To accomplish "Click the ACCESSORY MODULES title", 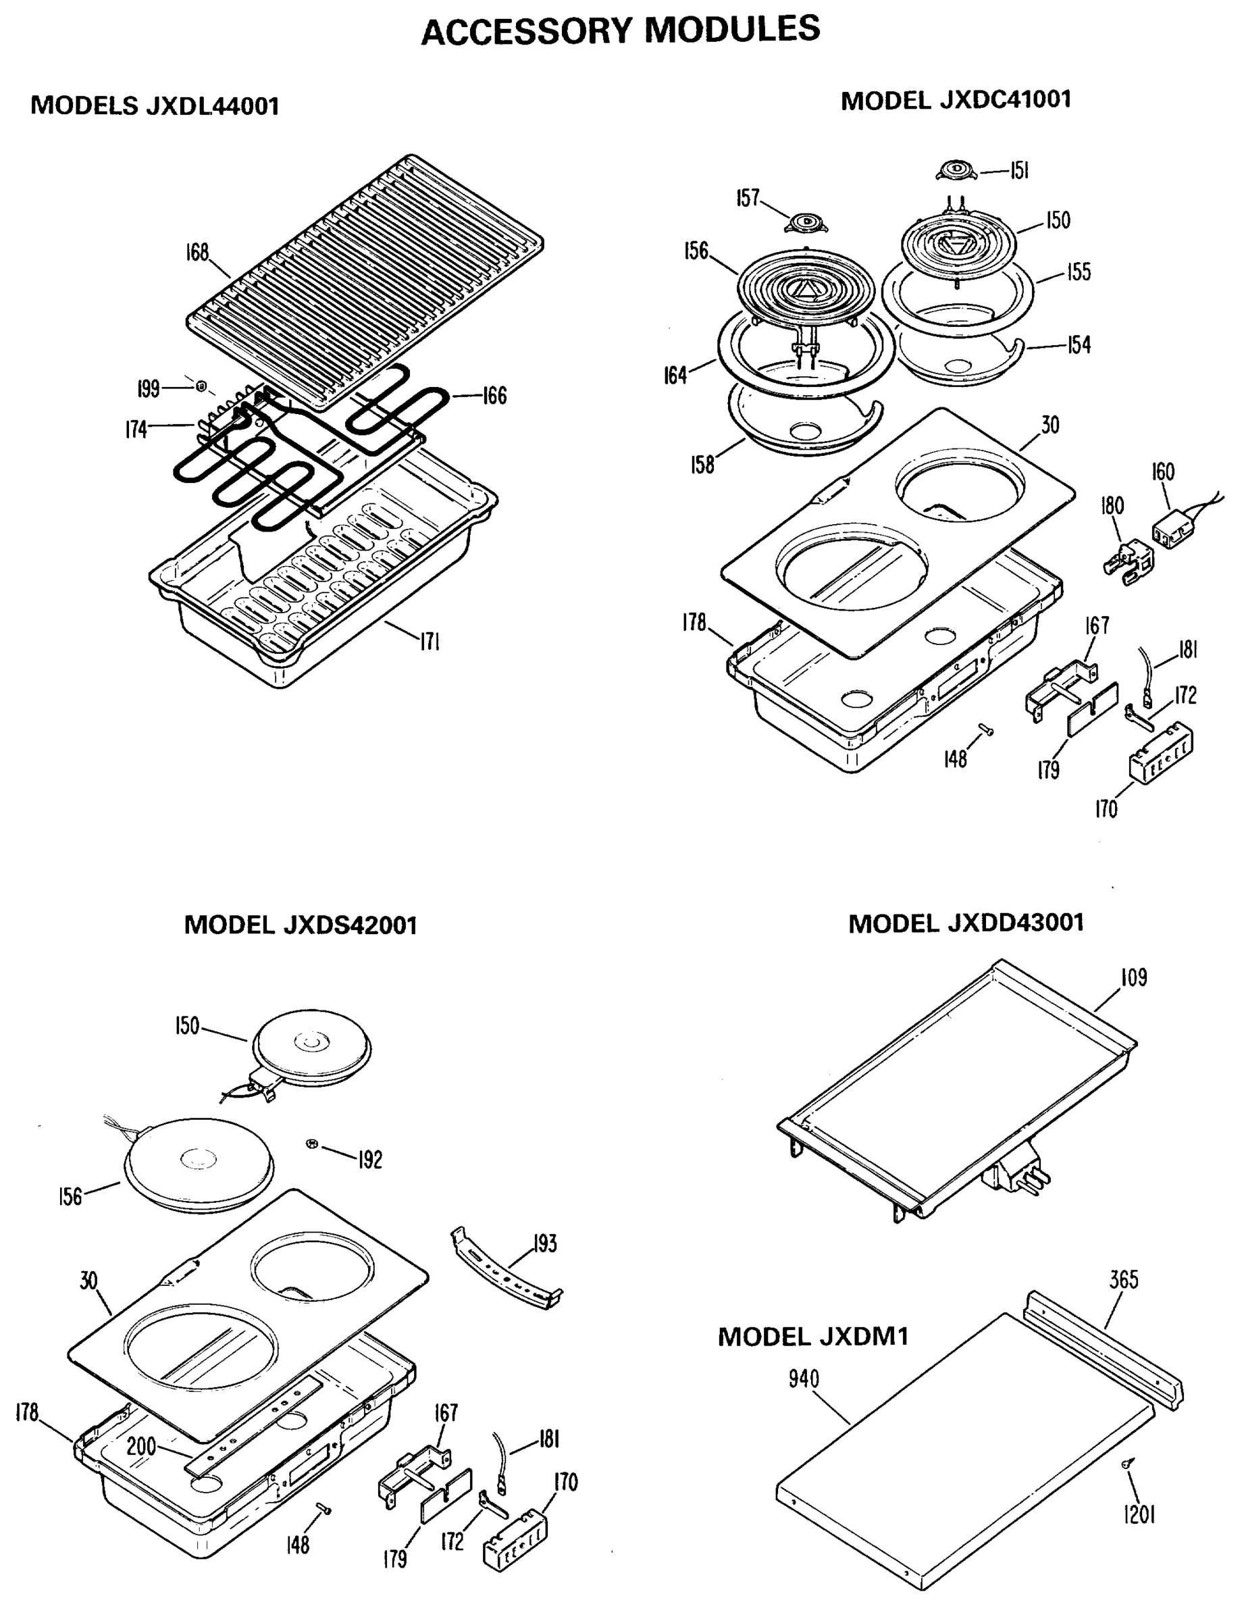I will click(621, 31).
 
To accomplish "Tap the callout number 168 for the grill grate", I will click(197, 253).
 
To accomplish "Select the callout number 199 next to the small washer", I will click(149, 388).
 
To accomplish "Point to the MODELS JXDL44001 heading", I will click(155, 106).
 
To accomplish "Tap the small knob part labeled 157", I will click(805, 222).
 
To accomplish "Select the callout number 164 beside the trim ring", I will click(675, 376).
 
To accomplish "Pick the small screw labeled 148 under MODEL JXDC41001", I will click(985, 730).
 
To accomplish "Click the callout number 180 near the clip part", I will click(1112, 505).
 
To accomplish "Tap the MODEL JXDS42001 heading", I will click(301, 925).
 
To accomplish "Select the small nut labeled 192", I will click(312, 1144).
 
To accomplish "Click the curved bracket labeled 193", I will click(505, 1275).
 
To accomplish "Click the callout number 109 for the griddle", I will click(1134, 977).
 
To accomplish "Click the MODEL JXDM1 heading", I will click(812, 1337).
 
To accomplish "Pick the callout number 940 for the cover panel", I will click(804, 1378).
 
